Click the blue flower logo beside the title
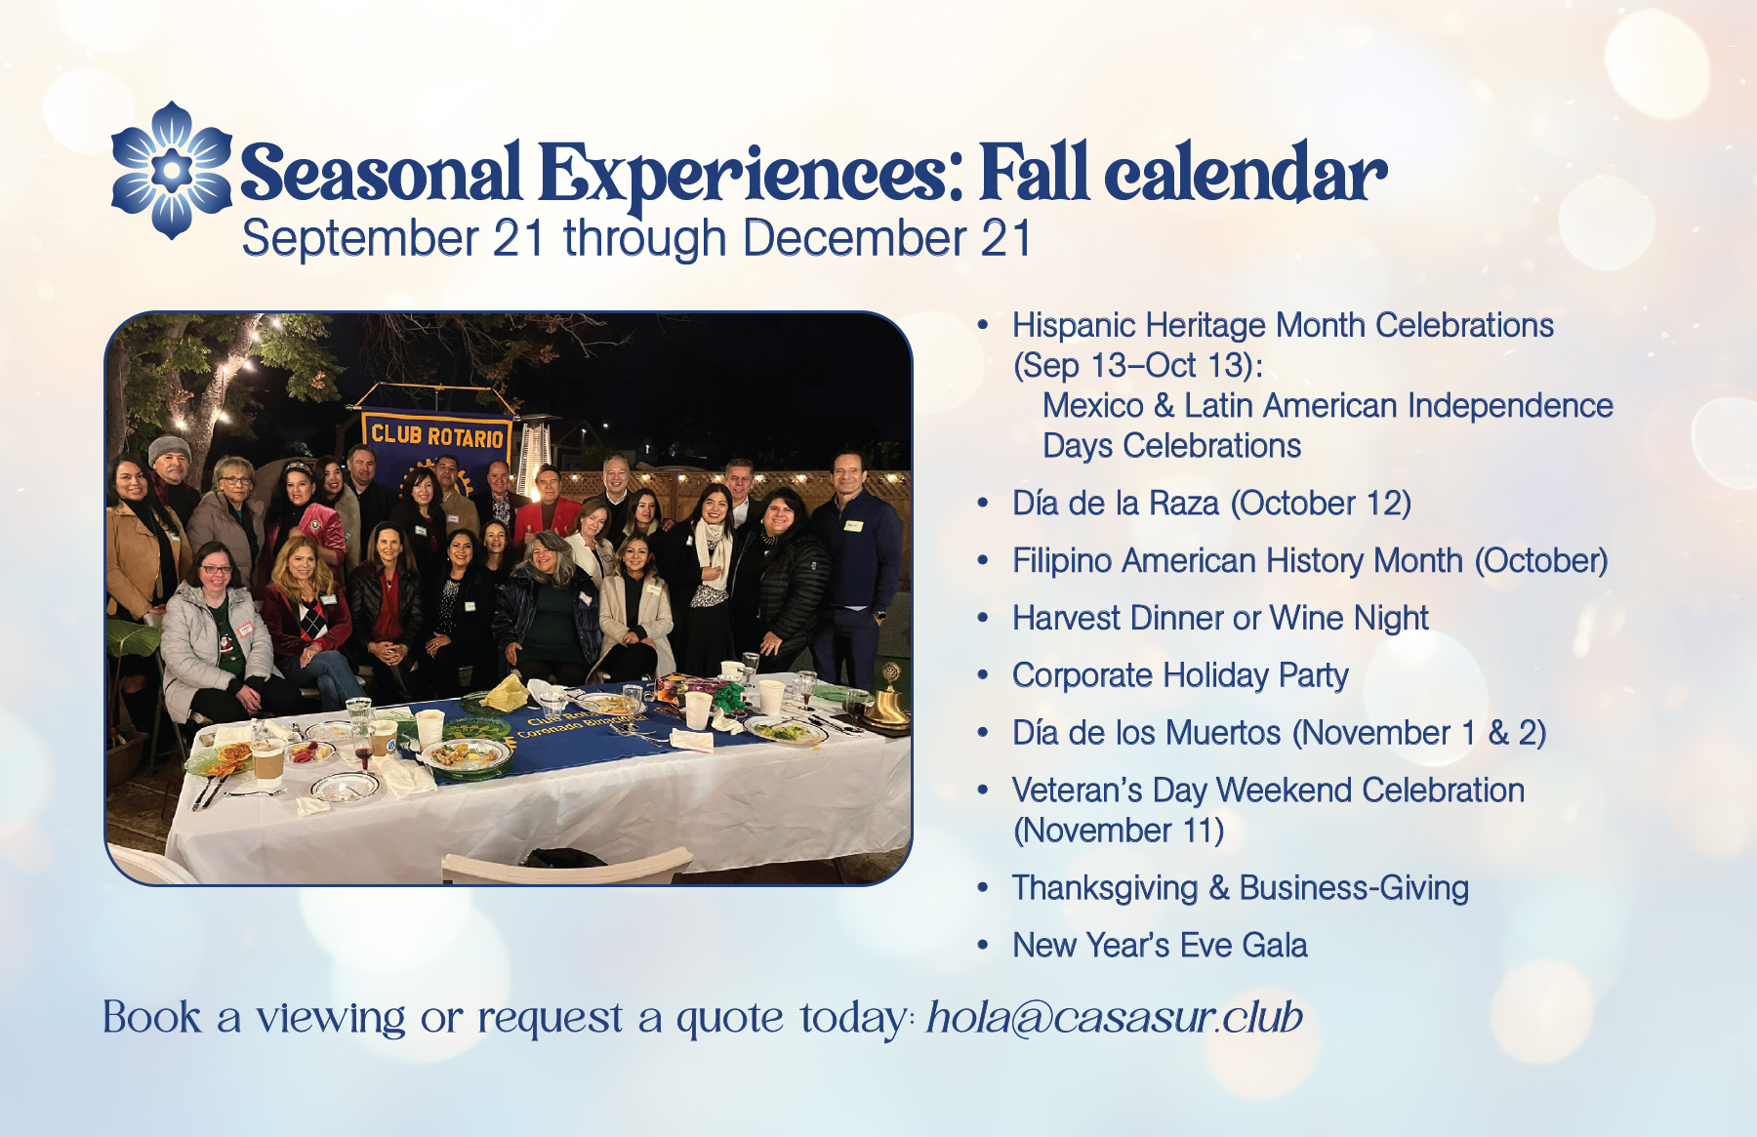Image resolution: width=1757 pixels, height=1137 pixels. point(172,170)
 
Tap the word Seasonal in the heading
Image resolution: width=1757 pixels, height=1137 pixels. point(381,173)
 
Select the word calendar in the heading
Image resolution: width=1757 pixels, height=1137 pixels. point(1246,173)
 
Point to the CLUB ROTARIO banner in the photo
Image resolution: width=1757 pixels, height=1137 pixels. point(436,434)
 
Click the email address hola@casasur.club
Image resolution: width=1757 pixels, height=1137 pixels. point(1115,1017)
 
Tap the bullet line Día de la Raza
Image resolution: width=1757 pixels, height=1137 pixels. point(1211,504)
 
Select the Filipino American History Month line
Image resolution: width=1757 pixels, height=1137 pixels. point(1310,561)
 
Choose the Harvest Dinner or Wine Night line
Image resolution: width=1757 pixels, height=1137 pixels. point(1220,619)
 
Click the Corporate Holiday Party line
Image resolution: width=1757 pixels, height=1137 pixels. point(1180,675)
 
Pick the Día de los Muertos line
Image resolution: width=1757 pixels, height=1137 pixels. point(1279,733)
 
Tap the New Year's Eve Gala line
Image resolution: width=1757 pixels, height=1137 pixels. point(1160,946)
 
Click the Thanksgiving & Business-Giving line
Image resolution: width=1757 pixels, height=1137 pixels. point(1241,888)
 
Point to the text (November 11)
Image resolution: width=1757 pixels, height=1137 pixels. point(1119,831)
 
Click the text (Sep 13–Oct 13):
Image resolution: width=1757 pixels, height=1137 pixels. point(1138,366)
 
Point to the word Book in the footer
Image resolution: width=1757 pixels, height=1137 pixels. point(152,1017)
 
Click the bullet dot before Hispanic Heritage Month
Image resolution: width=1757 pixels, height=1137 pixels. point(983,325)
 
